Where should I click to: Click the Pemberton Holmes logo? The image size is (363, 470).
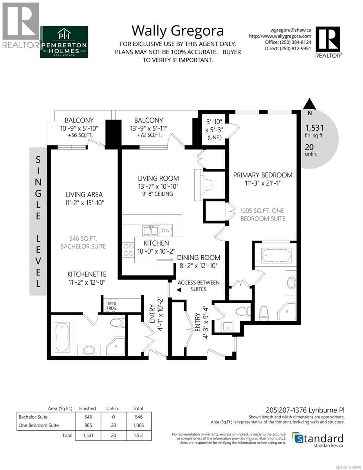coord(64,42)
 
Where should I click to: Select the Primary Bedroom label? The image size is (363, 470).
coord(263,175)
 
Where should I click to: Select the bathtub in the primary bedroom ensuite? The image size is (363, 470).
coord(276,257)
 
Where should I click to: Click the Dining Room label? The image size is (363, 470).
coord(199,258)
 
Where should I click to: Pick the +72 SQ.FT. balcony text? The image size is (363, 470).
coord(148,135)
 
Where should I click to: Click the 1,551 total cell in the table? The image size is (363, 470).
coord(138,435)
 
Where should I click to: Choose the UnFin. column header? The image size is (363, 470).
coord(112,409)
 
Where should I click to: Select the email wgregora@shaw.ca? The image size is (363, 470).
coord(291,29)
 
